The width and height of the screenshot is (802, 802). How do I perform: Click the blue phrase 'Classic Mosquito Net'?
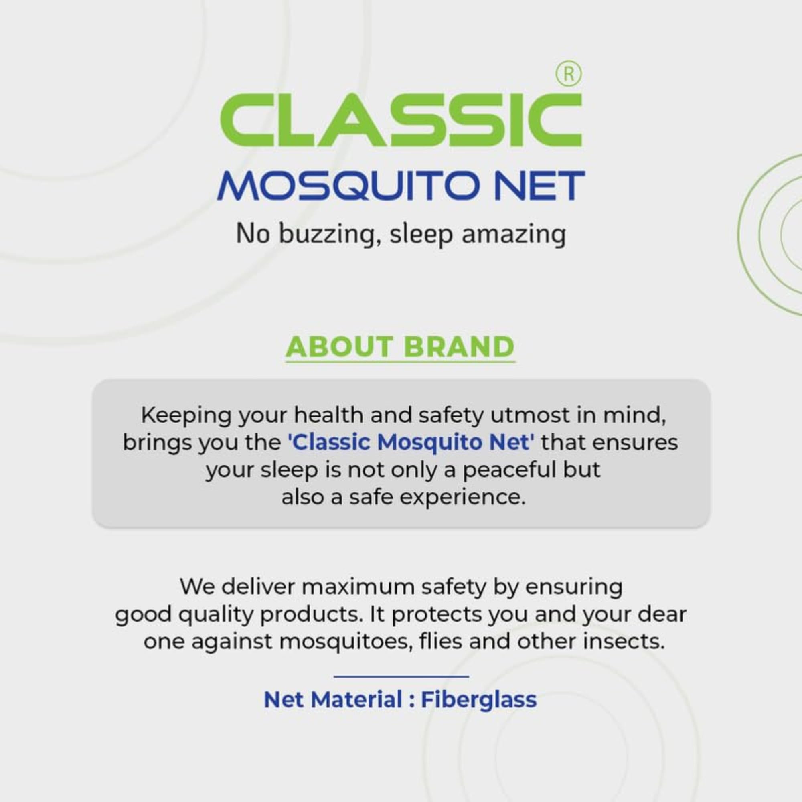click(x=411, y=443)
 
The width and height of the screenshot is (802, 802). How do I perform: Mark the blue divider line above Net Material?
click(x=401, y=676)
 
